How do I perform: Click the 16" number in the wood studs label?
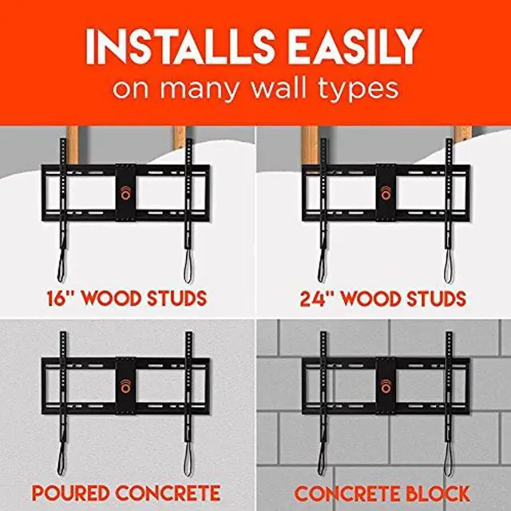62,299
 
